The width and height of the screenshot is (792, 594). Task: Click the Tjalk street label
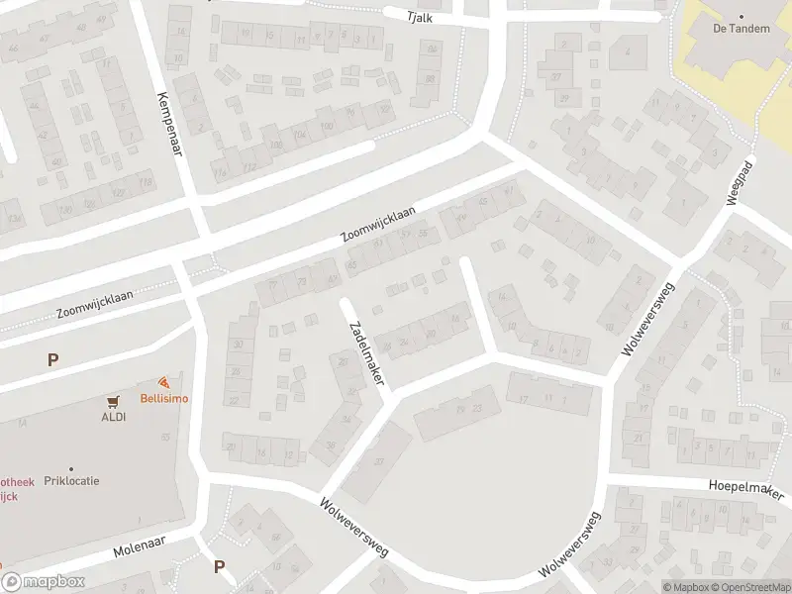pos(421,18)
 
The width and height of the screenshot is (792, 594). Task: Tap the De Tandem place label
pos(742,29)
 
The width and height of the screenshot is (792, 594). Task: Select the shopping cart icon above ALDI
pos(114,401)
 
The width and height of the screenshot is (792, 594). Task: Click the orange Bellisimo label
pos(163,399)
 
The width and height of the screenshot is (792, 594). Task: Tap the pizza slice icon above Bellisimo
pos(162,383)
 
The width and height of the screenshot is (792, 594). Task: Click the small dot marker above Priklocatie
pos(71,468)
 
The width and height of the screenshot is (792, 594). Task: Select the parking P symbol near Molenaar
pos(219,567)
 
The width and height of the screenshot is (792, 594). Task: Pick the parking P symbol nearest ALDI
pos(52,360)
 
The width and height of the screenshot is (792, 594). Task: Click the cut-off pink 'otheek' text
pos(17,482)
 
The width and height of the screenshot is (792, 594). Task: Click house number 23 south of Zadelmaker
pos(477,409)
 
